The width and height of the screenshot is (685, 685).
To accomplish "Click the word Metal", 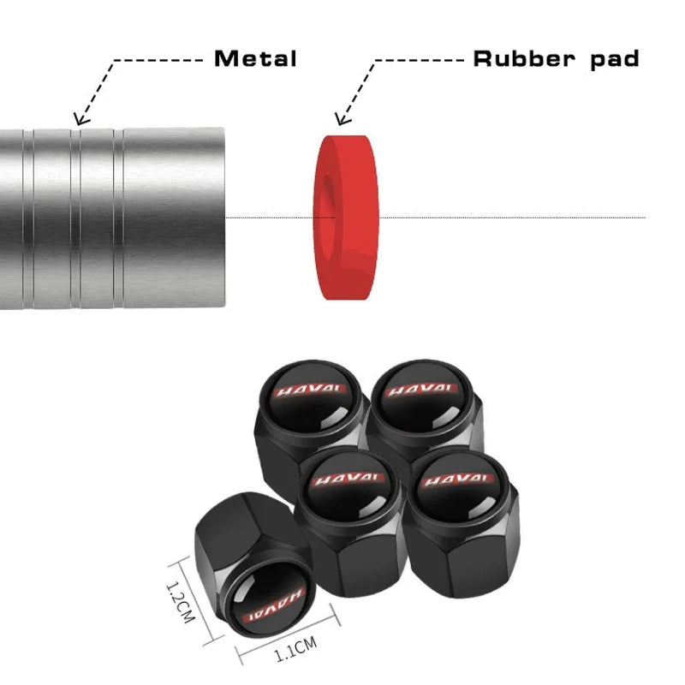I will (255, 59).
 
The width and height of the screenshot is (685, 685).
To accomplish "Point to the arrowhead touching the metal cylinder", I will (79, 121).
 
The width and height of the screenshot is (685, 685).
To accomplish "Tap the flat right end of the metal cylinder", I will (224, 217).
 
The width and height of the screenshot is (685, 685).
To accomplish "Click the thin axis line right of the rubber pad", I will (514, 217).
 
